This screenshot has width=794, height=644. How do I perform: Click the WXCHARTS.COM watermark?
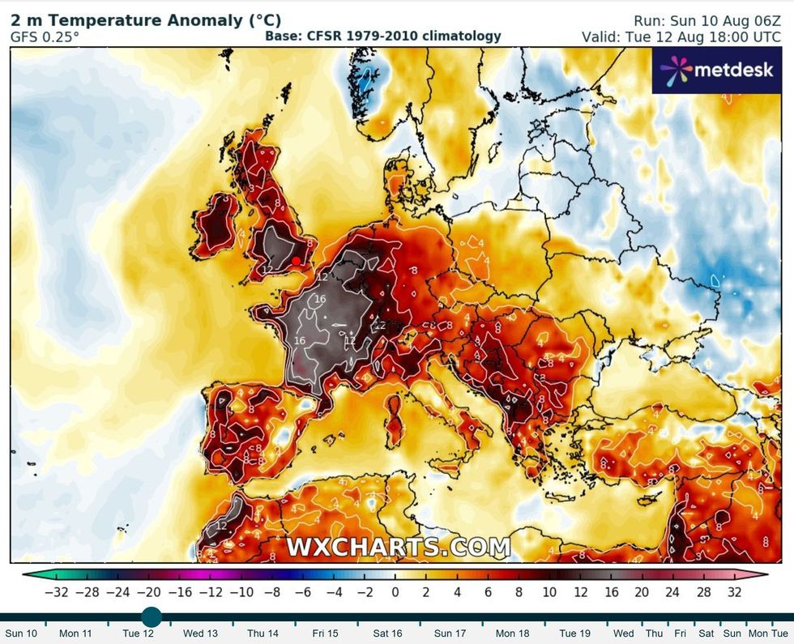(x=398, y=547)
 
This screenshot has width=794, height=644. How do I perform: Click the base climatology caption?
(x=383, y=36)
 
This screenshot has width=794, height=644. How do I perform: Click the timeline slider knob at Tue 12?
(x=152, y=617)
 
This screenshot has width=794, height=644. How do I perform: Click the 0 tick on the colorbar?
(x=395, y=592)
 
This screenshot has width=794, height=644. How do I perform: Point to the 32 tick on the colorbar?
(x=734, y=592)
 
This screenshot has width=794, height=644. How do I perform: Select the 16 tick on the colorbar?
(x=612, y=592)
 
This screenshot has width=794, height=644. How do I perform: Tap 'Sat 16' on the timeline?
(x=386, y=633)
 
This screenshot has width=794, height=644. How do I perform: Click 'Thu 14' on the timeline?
(x=262, y=633)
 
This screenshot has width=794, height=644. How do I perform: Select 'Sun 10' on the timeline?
(x=21, y=633)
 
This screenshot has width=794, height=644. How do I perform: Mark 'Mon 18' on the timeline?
(x=511, y=633)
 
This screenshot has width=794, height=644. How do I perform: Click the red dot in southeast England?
(x=297, y=260)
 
